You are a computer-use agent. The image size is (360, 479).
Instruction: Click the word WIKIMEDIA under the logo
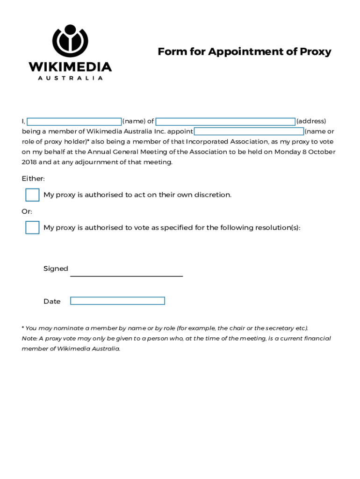click(x=70, y=67)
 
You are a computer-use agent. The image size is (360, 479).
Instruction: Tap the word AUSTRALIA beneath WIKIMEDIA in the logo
click(x=70, y=78)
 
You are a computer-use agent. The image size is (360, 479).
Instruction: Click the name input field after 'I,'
click(x=74, y=122)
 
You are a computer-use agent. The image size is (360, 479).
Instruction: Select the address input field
click(x=225, y=122)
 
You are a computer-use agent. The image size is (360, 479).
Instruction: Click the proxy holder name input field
click(x=249, y=131)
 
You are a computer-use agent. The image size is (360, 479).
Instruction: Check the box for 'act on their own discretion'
click(x=32, y=195)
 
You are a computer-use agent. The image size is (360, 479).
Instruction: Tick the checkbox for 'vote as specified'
click(x=32, y=228)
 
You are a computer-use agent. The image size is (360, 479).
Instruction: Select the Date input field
click(x=117, y=301)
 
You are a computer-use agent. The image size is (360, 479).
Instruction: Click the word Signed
click(x=56, y=269)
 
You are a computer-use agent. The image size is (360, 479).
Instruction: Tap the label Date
click(x=52, y=302)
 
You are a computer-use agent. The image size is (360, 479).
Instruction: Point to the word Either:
click(x=33, y=179)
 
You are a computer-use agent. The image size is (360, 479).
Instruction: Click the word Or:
click(x=27, y=211)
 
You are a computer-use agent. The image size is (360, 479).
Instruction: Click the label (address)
click(x=311, y=122)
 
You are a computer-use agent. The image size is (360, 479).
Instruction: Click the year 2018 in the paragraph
click(x=29, y=162)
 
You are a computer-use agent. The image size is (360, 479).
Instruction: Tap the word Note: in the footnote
click(x=29, y=339)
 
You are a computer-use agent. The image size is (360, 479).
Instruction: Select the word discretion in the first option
click(x=213, y=195)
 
